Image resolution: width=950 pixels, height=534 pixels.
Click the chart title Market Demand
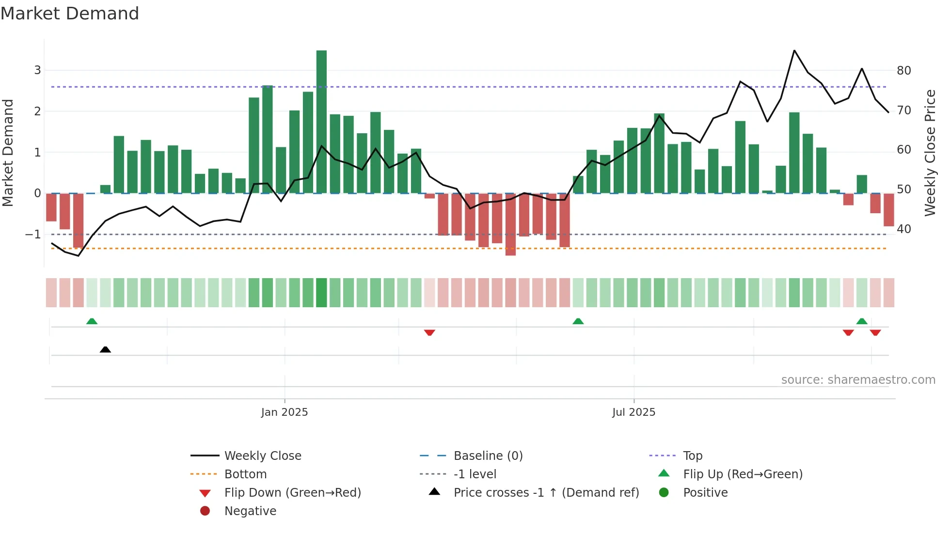(70, 14)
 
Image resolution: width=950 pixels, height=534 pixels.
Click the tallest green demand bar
(321, 121)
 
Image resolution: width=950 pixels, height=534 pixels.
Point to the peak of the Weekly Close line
(794, 50)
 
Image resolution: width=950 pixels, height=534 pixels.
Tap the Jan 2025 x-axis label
(284, 412)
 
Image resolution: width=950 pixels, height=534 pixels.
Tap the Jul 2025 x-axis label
(633, 412)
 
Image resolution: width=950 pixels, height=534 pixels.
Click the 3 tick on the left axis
(37, 70)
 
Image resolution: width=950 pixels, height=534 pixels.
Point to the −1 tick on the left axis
(33, 235)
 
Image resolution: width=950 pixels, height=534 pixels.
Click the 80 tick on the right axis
(903, 71)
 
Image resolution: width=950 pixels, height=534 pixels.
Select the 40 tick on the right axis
(903, 229)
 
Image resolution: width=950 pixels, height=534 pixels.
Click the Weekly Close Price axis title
(930, 153)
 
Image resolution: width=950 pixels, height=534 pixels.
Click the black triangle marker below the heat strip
(105, 349)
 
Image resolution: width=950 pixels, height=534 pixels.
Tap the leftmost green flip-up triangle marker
(92, 321)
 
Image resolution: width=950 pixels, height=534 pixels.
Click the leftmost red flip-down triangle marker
(429, 332)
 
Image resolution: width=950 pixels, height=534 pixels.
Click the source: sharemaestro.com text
(858, 380)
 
